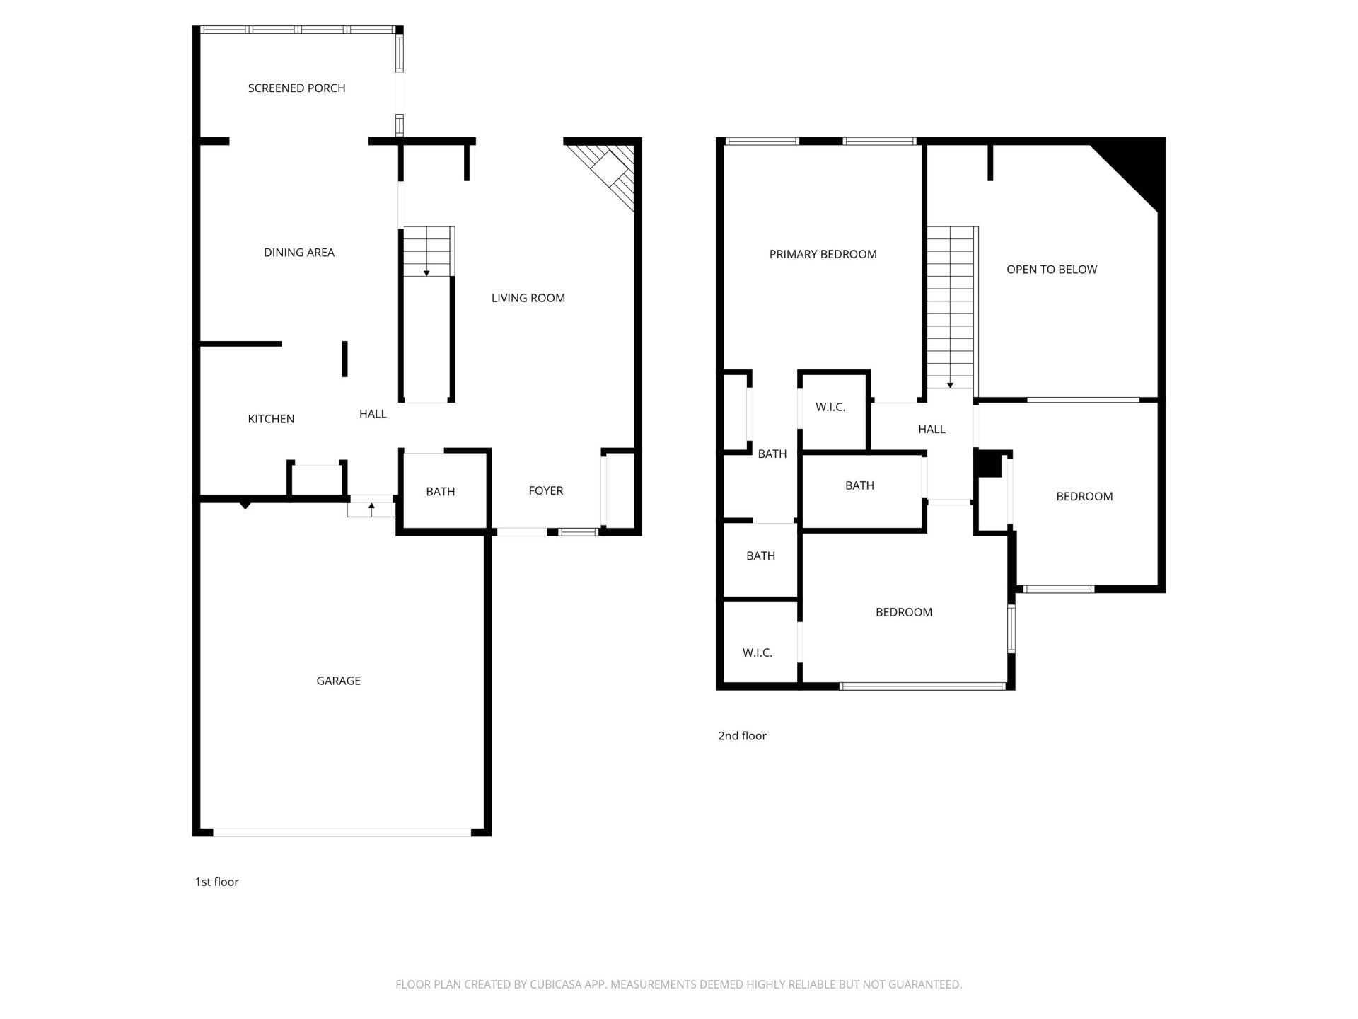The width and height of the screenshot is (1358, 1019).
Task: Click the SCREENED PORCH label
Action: (296, 88)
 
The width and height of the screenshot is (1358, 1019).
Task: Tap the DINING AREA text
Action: (298, 253)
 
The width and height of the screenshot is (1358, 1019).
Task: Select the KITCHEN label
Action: (271, 419)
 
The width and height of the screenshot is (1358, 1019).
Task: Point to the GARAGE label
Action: (338, 681)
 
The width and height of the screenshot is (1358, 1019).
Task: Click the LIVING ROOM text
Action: (528, 298)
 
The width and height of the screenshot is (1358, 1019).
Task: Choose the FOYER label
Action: (545, 490)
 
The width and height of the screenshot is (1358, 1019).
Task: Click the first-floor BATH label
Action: (440, 492)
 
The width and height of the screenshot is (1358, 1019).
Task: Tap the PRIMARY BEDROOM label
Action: (823, 254)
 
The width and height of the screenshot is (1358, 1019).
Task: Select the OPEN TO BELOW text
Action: (1051, 270)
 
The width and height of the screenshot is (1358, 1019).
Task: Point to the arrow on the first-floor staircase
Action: (426, 272)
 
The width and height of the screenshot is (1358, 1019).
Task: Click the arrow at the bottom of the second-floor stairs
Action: (950, 385)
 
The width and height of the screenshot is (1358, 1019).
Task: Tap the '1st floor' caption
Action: (216, 882)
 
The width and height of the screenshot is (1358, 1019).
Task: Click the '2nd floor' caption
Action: (742, 736)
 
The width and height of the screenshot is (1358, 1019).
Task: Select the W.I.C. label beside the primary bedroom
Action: (830, 408)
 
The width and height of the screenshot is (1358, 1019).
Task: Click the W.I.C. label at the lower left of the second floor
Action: (757, 652)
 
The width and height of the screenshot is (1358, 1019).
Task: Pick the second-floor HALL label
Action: (932, 430)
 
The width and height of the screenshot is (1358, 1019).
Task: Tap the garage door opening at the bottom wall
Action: (342, 833)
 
